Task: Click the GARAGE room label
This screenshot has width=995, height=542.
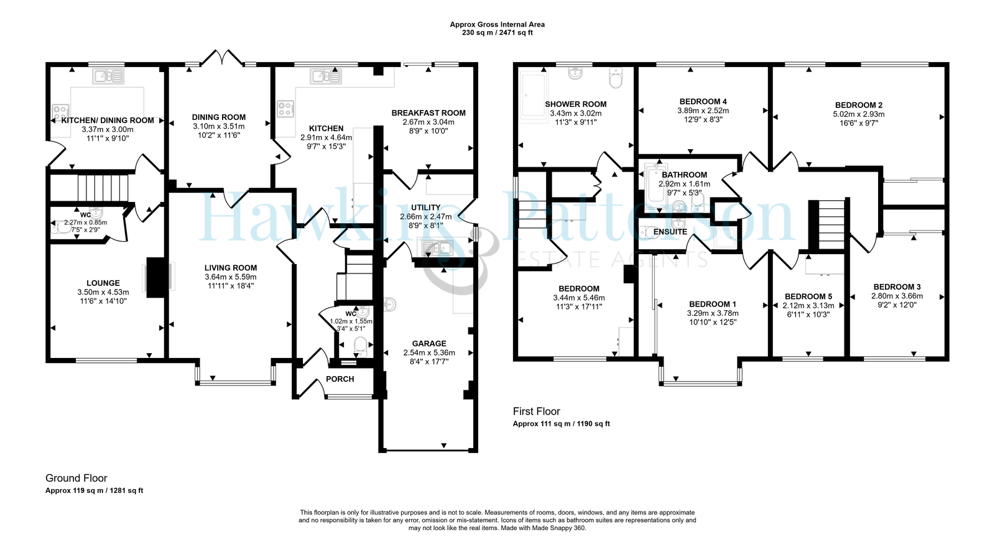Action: tap(428, 344)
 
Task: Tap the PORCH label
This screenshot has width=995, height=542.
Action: tap(340, 379)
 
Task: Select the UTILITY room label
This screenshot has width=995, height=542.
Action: tap(425, 208)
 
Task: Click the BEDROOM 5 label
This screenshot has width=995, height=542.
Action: tap(808, 296)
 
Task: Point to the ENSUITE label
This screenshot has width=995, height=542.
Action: tap(670, 232)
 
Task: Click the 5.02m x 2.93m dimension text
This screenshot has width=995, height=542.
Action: tap(859, 114)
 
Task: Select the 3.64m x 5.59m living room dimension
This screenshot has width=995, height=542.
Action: tap(231, 277)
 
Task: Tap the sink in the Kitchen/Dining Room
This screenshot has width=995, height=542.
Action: tap(108, 76)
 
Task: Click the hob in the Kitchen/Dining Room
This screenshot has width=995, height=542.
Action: tap(60, 111)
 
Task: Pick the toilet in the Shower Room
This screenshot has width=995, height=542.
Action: tap(616, 78)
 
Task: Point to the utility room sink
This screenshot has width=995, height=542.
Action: tap(437, 248)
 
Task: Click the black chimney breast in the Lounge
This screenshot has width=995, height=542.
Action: tap(155, 277)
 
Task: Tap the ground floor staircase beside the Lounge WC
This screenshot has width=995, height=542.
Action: tap(103, 188)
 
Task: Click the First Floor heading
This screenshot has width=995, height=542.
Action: tap(536, 411)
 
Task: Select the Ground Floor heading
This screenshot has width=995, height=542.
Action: tap(76, 478)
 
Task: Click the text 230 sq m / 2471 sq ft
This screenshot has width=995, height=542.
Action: tap(497, 33)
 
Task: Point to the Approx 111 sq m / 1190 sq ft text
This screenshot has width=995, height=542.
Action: tap(561, 424)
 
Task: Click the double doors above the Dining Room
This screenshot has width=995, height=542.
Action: tap(221, 58)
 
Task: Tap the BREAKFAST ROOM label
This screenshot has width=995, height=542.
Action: tap(428, 113)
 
